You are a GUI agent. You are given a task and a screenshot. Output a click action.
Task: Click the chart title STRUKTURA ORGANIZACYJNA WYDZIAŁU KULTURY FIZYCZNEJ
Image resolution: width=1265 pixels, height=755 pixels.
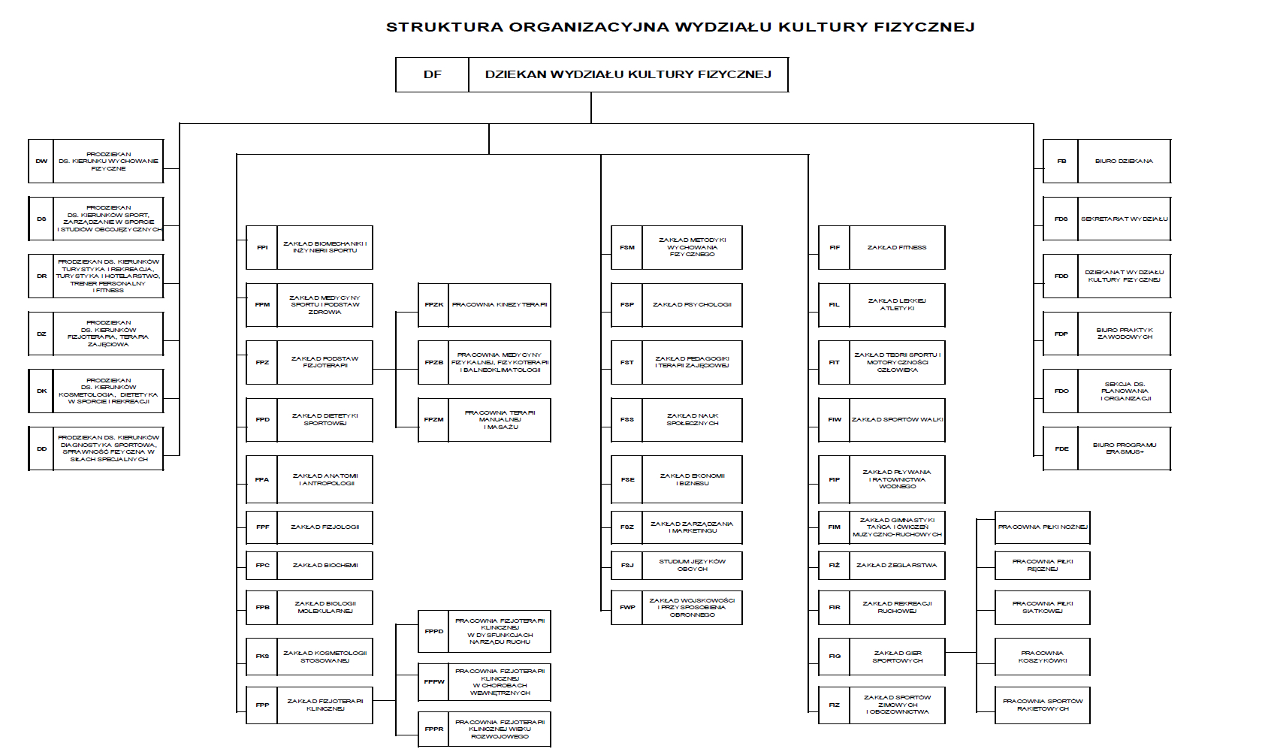680,27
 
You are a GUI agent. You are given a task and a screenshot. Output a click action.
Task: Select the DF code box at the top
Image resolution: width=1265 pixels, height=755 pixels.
432,74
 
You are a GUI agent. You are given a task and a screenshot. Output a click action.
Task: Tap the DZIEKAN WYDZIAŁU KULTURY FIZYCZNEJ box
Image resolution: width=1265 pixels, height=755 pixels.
628,74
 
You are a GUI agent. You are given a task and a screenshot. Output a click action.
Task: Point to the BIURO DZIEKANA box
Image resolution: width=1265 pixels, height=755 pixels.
1123,161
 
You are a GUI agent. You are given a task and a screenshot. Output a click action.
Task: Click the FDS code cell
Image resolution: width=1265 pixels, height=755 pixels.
1061,219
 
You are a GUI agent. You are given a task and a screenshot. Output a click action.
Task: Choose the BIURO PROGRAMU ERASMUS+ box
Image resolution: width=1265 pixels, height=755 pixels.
1124,448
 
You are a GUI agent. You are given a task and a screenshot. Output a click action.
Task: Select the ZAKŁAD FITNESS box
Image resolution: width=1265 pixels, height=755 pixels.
896,247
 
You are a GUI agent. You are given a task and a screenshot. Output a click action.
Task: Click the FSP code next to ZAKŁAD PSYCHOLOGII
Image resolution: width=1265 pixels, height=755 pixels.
626,305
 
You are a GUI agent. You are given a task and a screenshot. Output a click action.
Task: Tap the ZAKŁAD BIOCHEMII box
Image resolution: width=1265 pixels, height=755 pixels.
325,565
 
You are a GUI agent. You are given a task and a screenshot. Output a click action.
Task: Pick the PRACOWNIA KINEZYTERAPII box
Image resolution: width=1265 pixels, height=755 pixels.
499,305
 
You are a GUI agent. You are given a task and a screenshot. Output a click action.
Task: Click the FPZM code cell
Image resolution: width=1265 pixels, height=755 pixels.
433,419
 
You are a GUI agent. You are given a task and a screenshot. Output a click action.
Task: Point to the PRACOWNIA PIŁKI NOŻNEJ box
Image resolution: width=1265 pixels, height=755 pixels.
1042,527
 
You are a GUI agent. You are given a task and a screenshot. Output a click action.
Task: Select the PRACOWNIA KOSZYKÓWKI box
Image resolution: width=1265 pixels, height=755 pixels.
1042,657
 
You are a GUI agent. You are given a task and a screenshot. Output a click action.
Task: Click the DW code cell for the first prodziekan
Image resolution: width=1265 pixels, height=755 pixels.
41,161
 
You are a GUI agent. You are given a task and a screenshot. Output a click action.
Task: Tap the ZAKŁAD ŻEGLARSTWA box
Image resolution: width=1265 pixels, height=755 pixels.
896,565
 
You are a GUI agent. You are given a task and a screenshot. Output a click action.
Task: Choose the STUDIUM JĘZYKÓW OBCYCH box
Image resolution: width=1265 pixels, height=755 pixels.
692,565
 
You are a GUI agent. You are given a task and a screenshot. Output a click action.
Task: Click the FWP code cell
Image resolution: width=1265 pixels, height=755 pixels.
626,607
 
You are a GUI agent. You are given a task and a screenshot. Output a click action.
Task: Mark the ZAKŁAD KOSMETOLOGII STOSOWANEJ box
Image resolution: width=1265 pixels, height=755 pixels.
325,657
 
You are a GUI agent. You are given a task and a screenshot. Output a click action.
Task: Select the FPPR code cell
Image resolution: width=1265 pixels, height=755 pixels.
433,729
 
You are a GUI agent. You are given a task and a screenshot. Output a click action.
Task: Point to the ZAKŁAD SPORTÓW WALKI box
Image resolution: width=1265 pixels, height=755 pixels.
897,419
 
